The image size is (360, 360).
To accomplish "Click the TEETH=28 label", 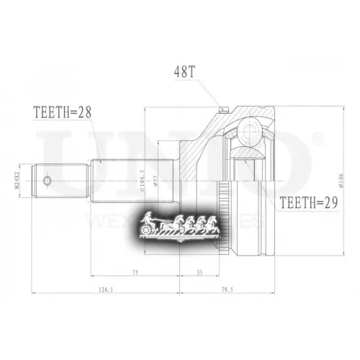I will click(x=63, y=112).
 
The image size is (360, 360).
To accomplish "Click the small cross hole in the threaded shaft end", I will click(x=48, y=179).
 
